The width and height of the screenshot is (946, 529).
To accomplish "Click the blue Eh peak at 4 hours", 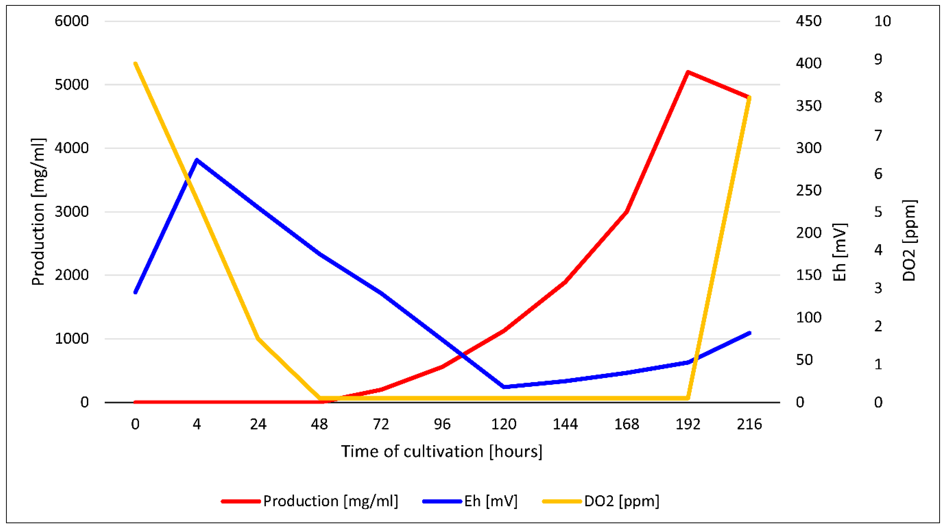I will [197, 160].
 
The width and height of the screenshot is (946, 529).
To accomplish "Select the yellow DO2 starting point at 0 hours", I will [136, 64].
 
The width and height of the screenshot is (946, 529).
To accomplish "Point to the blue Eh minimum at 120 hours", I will [504, 386].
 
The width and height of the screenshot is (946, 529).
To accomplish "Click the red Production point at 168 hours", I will [626, 211].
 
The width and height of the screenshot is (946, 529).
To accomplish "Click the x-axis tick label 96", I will [442, 424].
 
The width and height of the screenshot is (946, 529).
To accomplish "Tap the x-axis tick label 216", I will [749, 424].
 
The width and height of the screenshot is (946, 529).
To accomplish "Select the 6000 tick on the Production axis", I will [72, 21].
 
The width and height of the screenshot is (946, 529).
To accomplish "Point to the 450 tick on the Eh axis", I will [809, 21].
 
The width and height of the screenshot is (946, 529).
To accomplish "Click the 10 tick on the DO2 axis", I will [882, 21].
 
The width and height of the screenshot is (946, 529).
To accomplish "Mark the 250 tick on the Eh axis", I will [809, 191].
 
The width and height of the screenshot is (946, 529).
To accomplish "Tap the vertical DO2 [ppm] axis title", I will [909, 240].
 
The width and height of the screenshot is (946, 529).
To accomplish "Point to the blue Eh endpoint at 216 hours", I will [749, 333].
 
